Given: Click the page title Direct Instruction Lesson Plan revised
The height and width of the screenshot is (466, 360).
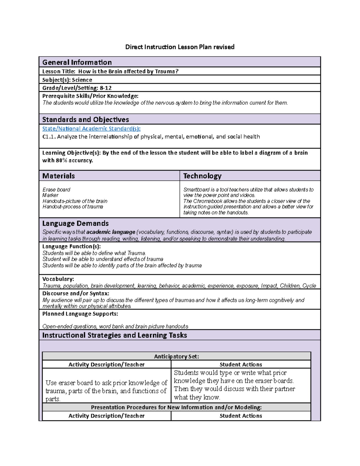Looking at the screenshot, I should click(180, 47).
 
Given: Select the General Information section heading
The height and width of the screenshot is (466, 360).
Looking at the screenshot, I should click(77, 62).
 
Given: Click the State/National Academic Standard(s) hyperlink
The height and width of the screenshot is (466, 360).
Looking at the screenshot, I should click(91, 128).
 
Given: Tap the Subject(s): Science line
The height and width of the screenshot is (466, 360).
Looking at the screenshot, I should click(67, 80).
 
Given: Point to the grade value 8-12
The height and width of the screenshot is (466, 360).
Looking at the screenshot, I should click(106, 88).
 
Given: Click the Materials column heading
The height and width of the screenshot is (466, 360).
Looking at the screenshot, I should click(58, 176).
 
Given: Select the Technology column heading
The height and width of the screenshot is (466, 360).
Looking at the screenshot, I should click(202, 176).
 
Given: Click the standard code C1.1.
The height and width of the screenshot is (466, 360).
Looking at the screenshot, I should click(49, 137).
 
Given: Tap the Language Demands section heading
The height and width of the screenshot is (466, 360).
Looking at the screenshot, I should click(75, 223).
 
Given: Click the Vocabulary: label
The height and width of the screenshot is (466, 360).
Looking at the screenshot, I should click(58, 279).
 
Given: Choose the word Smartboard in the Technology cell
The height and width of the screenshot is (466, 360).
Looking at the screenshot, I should click(196, 190).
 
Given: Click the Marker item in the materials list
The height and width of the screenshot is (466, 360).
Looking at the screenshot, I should click(50, 195).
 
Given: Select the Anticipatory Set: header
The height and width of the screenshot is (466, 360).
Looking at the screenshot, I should click(176, 356).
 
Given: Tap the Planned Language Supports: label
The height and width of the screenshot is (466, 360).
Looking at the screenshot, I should click(80, 314).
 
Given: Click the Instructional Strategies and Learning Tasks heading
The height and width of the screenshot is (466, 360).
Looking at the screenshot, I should click(115, 335).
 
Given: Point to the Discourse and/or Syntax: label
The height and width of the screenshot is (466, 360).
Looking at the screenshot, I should click(76, 293).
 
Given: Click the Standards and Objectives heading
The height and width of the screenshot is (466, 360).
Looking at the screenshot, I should click(85, 119).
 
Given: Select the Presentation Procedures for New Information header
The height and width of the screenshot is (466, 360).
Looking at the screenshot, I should click(176, 407).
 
